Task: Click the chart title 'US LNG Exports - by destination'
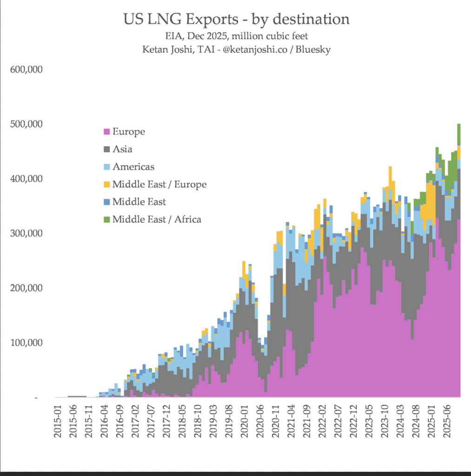[x=236, y=19]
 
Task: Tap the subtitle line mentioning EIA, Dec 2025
[x=236, y=36]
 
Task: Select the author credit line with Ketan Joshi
[x=236, y=49]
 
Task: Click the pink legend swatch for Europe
[x=106, y=132]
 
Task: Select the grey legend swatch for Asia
[x=106, y=149]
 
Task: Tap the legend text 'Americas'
[x=133, y=166]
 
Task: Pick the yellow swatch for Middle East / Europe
[x=106, y=185]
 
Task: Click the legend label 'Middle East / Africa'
[x=157, y=219]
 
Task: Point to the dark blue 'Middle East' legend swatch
[x=106, y=202]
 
